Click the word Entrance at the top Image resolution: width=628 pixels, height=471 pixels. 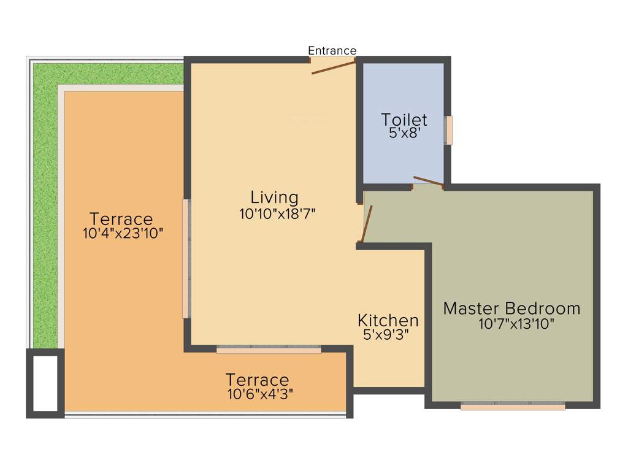pyautogui.click(x=332, y=50)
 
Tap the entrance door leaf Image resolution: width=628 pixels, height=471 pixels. pyautogui.click(x=333, y=67)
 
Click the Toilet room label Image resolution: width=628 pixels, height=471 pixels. pyautogui.click(x=404, y=119)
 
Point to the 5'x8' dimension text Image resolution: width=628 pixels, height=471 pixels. pyautogui.click(x=404, y=132)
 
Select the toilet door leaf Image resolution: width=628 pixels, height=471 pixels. pyautogui.click(x=428, y=181)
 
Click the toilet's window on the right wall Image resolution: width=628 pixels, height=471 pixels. pyautogui.click(x=449, y=130)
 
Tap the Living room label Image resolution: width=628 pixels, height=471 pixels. pyautogui.click(x=274, y=197)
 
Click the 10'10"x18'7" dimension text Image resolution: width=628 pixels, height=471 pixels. pyautogui.click(x=277, y=213)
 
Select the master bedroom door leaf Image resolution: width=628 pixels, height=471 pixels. pyautogui.click(x=366, y=224)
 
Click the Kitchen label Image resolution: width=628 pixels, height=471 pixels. pyautogui.click(x=388, y=320)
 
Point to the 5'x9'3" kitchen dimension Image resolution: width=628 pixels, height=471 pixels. pyautogui.click(x=386, y=334)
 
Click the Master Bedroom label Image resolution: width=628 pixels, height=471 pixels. pyautogui.click(x=511, y=308)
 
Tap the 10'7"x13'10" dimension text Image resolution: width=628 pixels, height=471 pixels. pyautogui.click(x=516, y=324)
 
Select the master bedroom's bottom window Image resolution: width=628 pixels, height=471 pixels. pyautogui.click(x=513, y=405)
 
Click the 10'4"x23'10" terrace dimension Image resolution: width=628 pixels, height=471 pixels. pyautogui.click(x=123, y=233)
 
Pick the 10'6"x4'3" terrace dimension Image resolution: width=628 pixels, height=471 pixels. pyautogui.click(x=260, y=394)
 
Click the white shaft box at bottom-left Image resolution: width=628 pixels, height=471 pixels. pyautogui.click(x=45, y=383)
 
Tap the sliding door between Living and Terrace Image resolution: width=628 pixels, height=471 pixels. pyautogui.click(x=186, y=258)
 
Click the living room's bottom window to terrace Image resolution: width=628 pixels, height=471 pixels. pyautogui.click(x=269, y=350)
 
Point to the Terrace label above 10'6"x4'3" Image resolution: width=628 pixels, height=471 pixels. pyautogui.click(x=257, y=380)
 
